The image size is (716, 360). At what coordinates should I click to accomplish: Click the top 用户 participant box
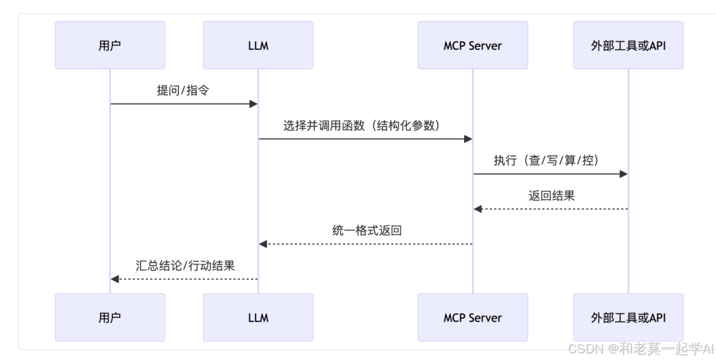pos(110,45)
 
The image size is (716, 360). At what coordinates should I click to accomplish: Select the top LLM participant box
pos(258,45)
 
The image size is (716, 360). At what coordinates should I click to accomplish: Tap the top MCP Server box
pos(473,45)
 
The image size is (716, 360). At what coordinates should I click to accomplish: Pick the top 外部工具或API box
pos(628,45)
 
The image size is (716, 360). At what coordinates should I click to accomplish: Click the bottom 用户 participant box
pos(110,318)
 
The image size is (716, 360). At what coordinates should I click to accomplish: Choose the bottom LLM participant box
pos(258,318)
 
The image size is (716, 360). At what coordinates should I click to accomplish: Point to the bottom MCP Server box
pos(473,318)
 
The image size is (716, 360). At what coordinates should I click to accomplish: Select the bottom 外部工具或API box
pos(628,318)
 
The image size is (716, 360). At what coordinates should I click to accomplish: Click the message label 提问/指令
pos(183,91)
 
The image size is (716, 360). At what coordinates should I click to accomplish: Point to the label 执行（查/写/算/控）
pos(550,161)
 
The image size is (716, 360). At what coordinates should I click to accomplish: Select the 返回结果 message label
pos(551,196)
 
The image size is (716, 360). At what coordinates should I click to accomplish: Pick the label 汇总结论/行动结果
pos(184,266)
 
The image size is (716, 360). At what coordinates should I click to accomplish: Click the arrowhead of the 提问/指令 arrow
pos(253,104)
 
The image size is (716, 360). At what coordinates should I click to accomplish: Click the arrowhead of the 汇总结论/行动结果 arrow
pos(115,279)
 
